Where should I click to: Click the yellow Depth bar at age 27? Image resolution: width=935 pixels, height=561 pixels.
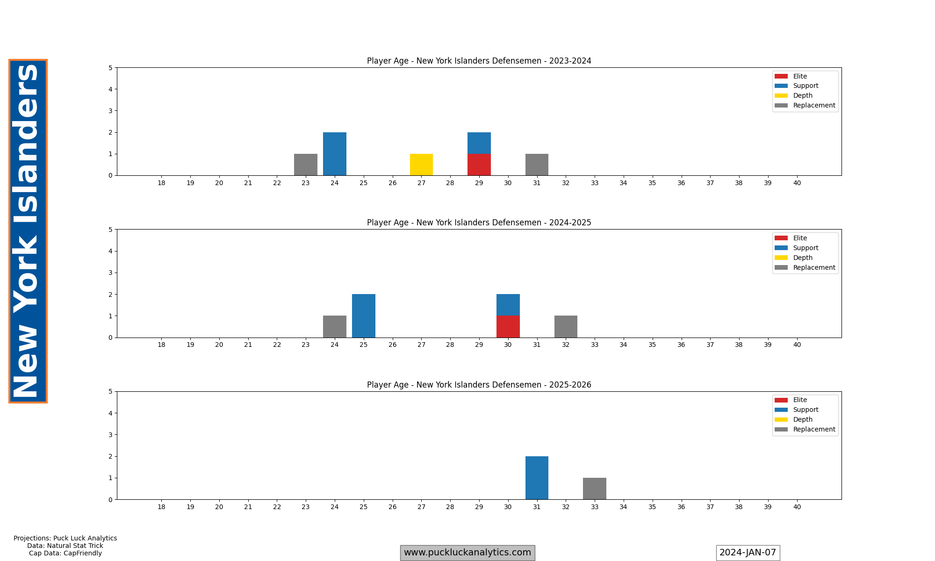pyautogui.click(x=421, y=165)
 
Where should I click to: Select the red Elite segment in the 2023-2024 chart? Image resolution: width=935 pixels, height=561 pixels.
pyautogui.click(x=479, y=165)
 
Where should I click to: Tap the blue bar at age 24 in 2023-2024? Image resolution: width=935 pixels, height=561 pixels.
pyautogui.click(x=334, y=154)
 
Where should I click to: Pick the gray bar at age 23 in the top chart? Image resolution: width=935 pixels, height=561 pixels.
pyautogui.click(x=305, y=165)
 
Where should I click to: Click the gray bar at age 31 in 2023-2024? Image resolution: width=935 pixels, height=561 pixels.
pyautogui.click(x=537, y=165)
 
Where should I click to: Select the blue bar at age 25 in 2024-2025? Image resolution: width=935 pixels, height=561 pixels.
pyautogui.click(x=363, y=316)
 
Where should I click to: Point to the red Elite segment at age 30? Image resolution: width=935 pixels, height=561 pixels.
pyautogui.click(x=508, y=326)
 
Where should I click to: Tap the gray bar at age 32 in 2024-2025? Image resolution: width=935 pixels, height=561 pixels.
pyautogui.click(x=566, y=326)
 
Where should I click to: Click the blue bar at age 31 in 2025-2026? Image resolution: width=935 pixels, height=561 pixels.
pyautogui.click(x=537, y=478)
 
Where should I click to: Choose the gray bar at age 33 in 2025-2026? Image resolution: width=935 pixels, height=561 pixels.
pyautogui.click(x=594, y=489)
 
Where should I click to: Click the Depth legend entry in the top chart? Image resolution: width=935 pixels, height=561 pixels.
pyautogui.click(x=803, y=95)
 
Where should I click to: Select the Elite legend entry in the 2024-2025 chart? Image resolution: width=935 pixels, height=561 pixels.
pyautogui.click(x=800, y=238)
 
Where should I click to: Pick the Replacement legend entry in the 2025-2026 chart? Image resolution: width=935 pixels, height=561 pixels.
pyautogui.click(x=814, y=429)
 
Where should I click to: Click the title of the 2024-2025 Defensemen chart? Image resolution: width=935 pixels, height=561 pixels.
pyautogui.click(x=479, y=223)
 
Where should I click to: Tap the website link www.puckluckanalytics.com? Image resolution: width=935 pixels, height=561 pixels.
pyautogui.click(x=467, y=553)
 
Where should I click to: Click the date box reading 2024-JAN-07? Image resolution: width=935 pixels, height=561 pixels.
pyautogui.click(x=748, y=553)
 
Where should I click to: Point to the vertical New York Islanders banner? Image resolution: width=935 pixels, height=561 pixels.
pyautogui.click(x=28, y=231)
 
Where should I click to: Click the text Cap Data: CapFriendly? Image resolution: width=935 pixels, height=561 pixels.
pyautogui.click(x=65, y=553)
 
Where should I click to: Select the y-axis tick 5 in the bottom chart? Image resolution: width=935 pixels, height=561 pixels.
pyautogui.click(x=110, y=391)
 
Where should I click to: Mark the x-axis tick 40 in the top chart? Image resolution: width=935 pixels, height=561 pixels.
pyautogui.click(x=797, y=183)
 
